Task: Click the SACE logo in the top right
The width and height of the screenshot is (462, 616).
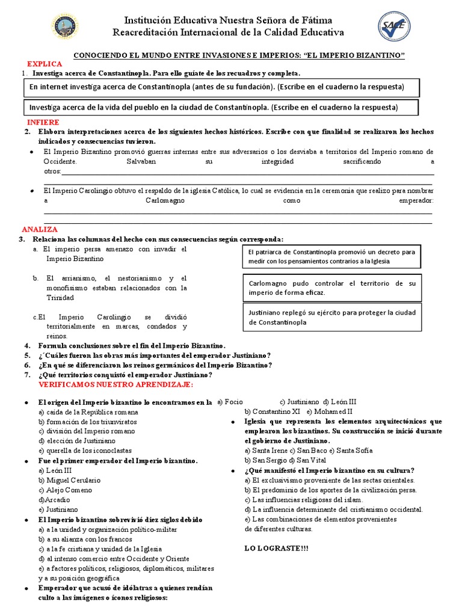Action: click(x=395, y=27)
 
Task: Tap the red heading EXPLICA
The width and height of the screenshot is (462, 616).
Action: click(x=45, y=63)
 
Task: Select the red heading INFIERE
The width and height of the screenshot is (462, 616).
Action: click(x=44, y=122)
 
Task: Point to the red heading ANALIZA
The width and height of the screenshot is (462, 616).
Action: click(x=40, y=229)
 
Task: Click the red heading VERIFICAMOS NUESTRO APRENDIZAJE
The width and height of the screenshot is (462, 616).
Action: click(x=115, y=384)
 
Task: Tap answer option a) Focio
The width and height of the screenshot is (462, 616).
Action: click(x=230, y=402)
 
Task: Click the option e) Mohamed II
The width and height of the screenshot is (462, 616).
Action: click(x=330, y=411)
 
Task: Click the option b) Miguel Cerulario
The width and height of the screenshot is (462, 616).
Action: click(x=70, y=480)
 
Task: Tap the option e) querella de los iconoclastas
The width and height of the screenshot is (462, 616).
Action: click(x=85, y=451)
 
